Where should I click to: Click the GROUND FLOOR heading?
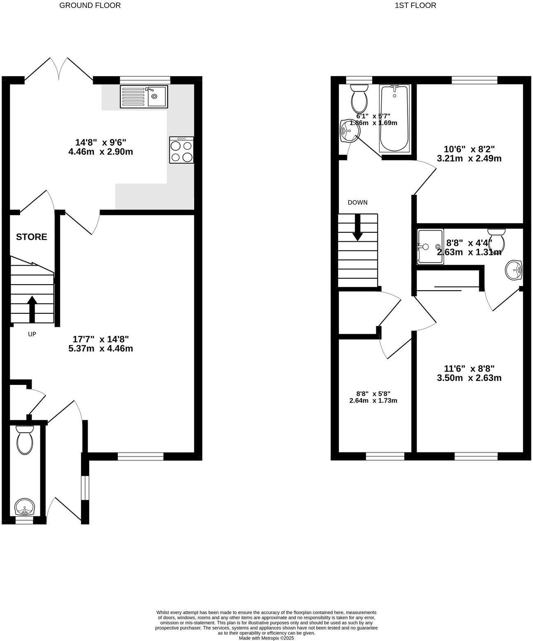coord(90,5)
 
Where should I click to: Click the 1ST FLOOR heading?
coord(415,5)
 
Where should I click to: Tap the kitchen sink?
coord(144,97)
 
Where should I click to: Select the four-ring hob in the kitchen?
coord(181,150)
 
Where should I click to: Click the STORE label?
coord(32,237)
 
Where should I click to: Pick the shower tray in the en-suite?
coord(430,247)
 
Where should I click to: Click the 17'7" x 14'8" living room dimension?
coord(101,339)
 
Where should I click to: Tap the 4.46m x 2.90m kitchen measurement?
coord(101,152)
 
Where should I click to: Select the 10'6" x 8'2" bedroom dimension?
coord(469,149)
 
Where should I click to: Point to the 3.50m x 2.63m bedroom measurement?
coord(469,378)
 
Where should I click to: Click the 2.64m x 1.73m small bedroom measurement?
coord(373,400)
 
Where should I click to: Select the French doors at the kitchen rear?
coord(59,70)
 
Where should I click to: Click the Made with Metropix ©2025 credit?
coord(266,638)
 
